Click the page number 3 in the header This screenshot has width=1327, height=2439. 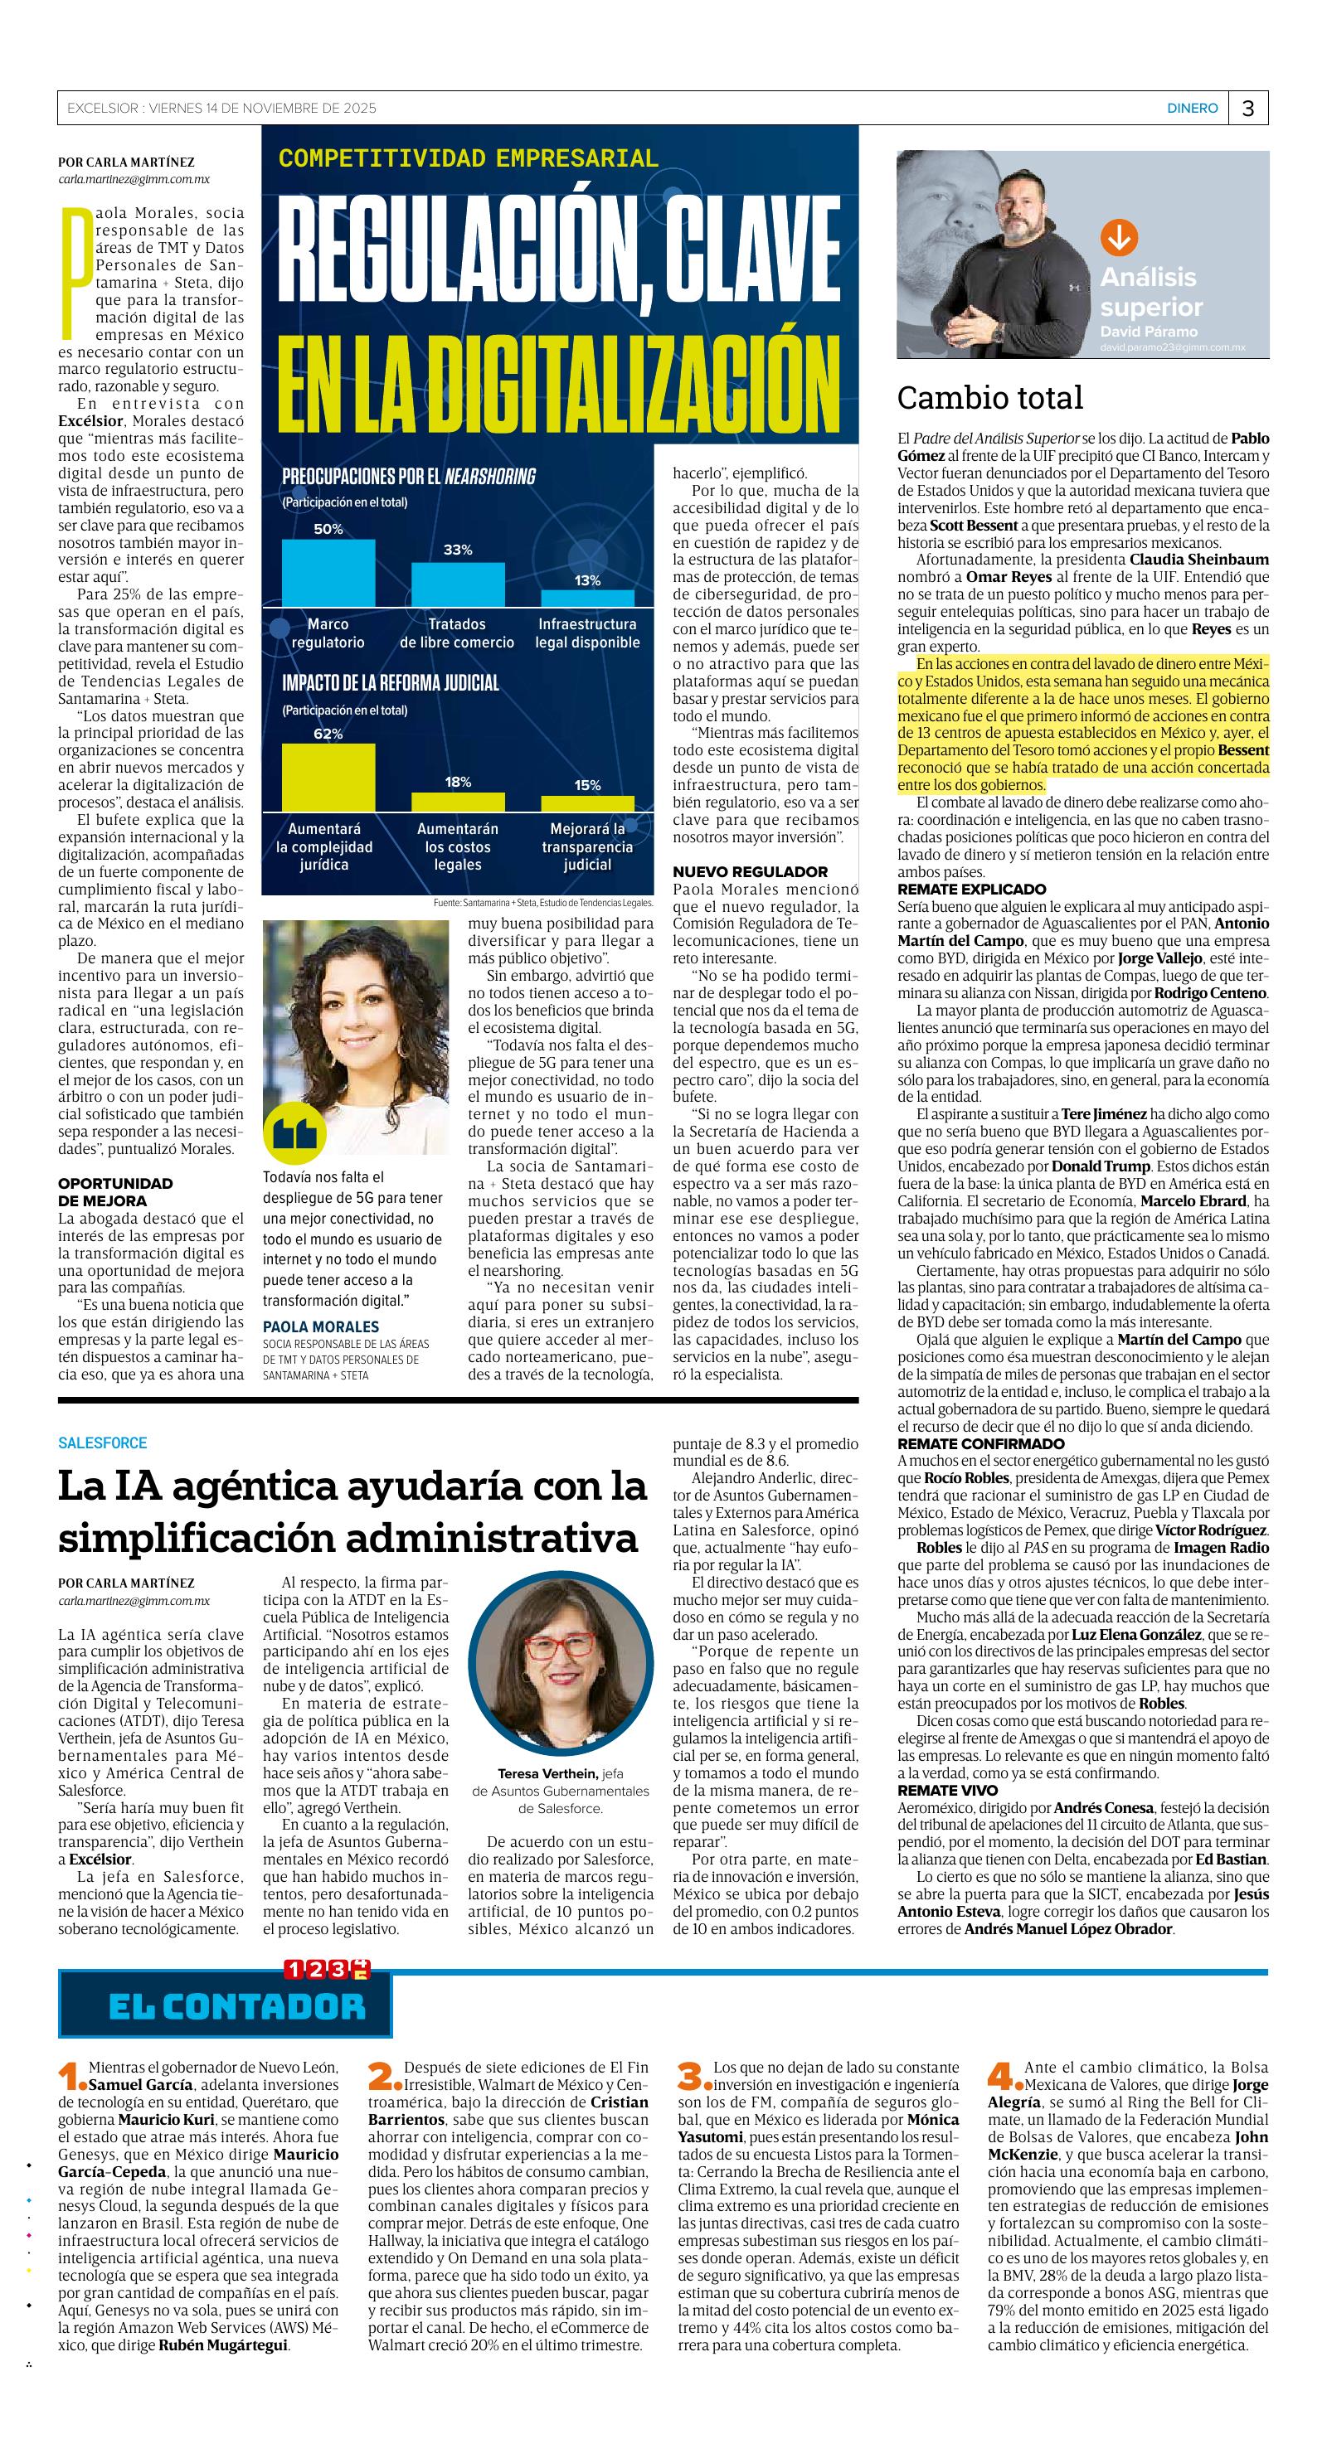(1247, 108)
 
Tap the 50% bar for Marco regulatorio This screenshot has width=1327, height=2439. (328, 572)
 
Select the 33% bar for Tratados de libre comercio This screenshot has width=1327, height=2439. (458, 584)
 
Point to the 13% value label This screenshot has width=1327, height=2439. (587, 580)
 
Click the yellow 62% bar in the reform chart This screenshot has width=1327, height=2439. (328, 777)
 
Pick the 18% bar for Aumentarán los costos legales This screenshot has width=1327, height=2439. (458, 801)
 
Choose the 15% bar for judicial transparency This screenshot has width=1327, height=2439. (587, 802)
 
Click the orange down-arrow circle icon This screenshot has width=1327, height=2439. (1119, 238)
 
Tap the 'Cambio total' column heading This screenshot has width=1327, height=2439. (989, 398)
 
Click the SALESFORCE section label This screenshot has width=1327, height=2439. (102, 1443)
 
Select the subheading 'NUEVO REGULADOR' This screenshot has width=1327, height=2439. (750, 871)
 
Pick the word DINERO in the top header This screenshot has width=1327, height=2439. (1192, 108)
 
